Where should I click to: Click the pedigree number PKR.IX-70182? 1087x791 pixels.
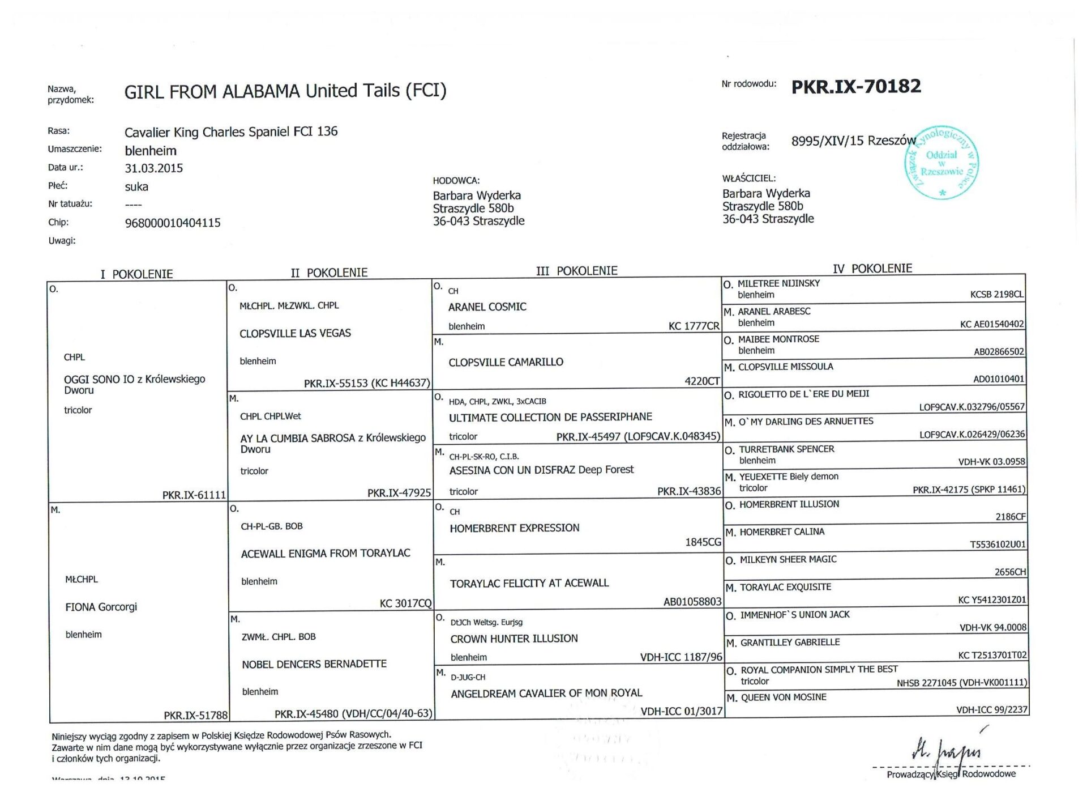tap(855, 87)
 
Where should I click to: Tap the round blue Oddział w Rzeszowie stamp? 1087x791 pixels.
tap(942, 163)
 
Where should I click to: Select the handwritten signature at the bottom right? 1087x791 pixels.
tap(946, 751)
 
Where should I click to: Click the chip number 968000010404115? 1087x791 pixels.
tap(173, 223)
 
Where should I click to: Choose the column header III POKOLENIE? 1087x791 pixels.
tap(576, 271)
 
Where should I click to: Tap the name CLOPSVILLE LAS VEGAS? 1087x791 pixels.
tap(295, 333)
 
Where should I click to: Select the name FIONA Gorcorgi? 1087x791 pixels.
tap(101, 607)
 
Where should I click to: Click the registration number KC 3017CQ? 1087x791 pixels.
tap(405, 603)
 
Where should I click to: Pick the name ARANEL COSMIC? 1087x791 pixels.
tap(487, 307)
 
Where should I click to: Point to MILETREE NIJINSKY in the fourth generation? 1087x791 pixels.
tap(778, 283)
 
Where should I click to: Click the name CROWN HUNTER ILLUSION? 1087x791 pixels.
tap(514, 639)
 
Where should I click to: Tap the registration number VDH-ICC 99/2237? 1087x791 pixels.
tap(991, 709)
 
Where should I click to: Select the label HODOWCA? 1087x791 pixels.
tap(456, 181)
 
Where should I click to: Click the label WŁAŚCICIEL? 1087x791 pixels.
tap(748, 178)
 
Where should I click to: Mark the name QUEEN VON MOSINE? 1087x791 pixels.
tap(784, 697)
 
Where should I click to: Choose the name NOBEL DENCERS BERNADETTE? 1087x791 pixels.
tap(314, 664)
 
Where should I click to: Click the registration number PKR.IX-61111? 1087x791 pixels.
tap(194, 495)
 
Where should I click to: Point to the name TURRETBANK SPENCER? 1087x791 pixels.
tap(786, 449)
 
